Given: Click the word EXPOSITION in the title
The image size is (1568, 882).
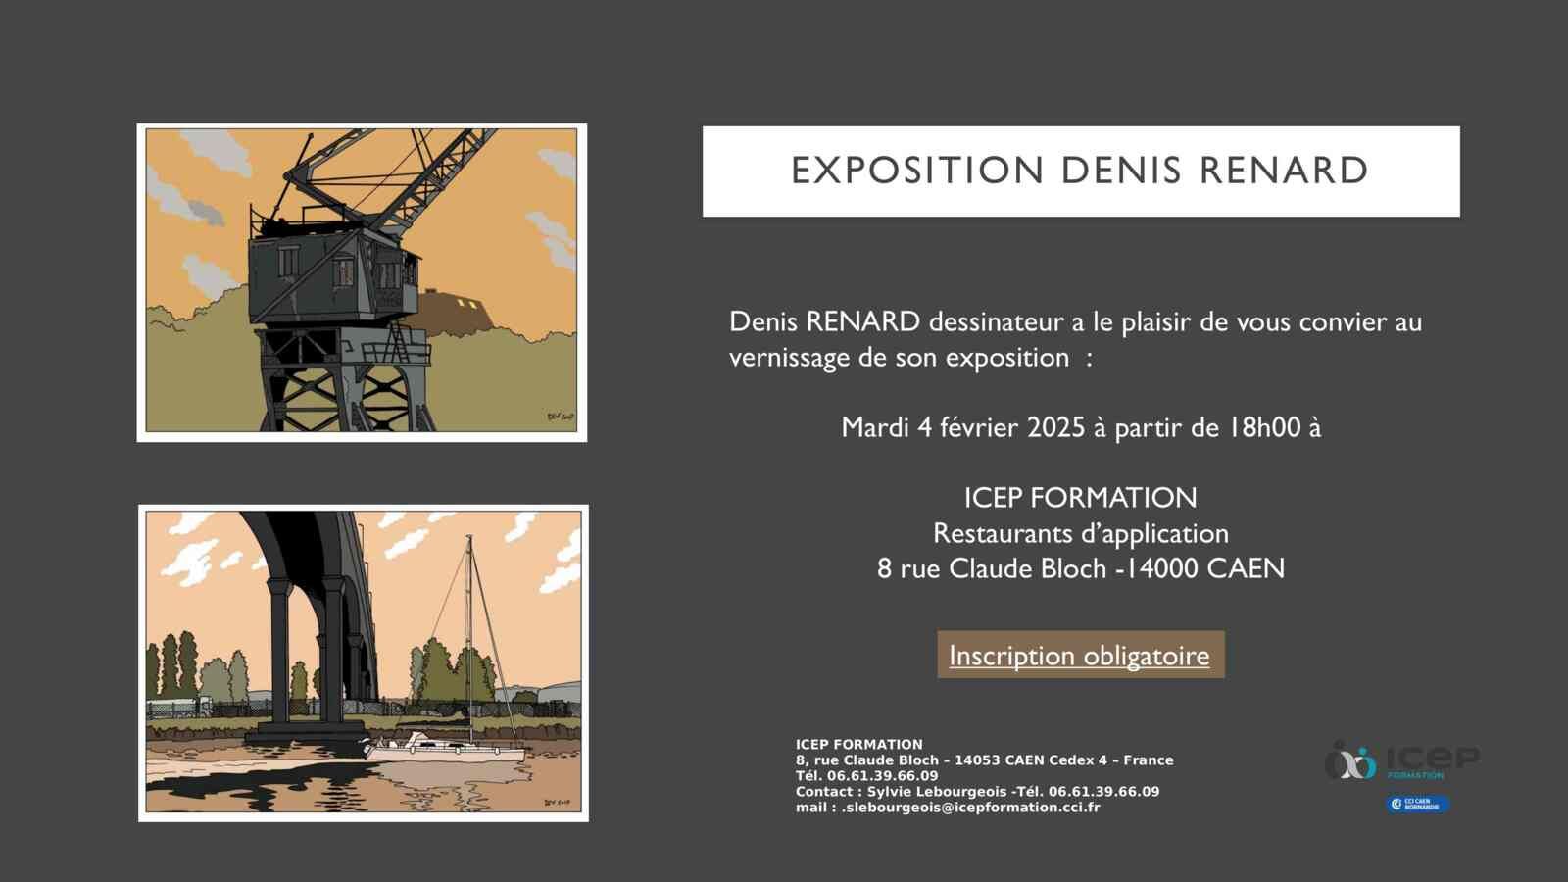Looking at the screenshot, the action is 917,171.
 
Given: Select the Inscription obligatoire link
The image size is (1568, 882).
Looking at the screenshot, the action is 1079,656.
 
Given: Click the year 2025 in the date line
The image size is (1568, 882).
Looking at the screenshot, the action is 1055,427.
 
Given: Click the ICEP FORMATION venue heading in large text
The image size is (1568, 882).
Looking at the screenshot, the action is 1081,498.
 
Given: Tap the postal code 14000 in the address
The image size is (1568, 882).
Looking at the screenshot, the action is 1162,568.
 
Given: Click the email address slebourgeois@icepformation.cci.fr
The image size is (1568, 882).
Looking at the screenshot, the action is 971,808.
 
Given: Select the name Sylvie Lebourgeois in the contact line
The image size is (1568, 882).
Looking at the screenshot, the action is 937,792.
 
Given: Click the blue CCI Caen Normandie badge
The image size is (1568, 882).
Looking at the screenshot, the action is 1418,805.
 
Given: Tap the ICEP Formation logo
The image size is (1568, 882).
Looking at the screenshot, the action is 1402,760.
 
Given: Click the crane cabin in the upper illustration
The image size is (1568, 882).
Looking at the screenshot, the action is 333,277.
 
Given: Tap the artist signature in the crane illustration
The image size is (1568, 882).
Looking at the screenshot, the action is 560,416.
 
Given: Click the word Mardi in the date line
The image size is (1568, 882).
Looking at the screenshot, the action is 875,427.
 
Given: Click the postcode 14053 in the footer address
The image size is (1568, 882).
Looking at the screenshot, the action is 975,760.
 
